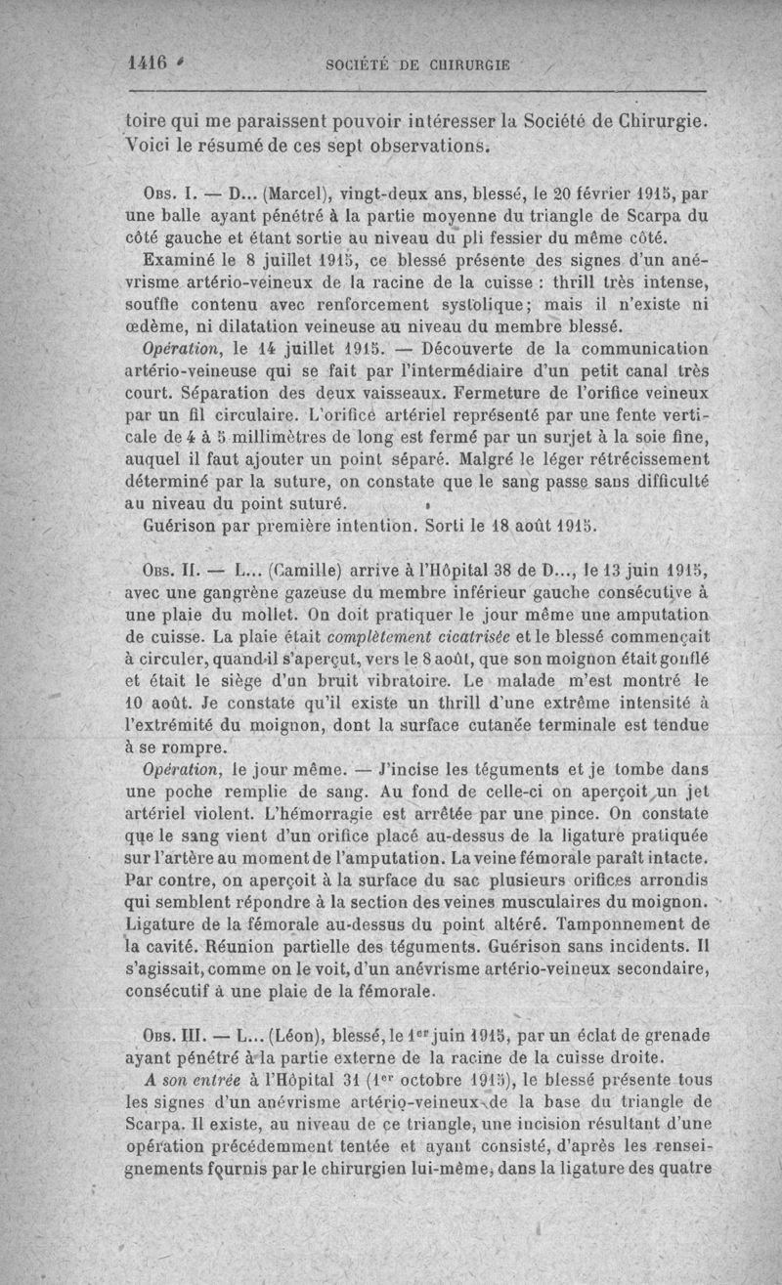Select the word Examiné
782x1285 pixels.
pos(179,261)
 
